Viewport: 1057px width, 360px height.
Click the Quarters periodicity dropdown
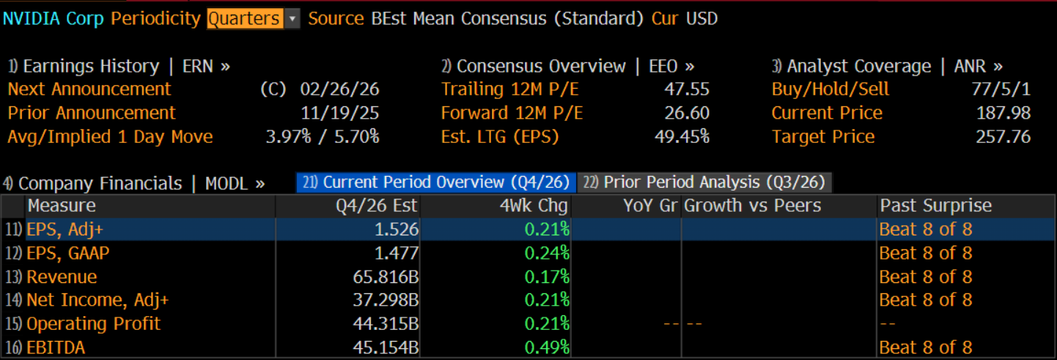coord(253,19)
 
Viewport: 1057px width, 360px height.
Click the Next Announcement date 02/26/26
coord(339,89)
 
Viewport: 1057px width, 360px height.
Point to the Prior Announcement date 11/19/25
coord(339,113)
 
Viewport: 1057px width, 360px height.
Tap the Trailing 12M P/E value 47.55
coord(685,89)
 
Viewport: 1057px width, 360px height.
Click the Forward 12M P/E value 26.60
coord(685,113)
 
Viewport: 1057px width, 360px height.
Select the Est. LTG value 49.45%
coord(681,136)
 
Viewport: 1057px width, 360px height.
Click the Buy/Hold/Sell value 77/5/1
coord(1001,89)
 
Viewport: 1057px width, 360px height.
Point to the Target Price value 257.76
coord(1003,136)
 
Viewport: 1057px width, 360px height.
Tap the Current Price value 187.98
coord(1003,113)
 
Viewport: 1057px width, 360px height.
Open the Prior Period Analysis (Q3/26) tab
coord(705,183)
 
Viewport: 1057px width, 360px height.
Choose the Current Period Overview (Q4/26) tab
coord(436,183)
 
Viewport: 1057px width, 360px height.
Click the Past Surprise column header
coord(935,206)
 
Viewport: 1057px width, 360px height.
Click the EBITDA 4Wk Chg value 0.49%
coord(547,348)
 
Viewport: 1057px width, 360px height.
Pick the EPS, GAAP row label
coord(68,254)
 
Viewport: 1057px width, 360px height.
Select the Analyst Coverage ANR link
coord(887,66)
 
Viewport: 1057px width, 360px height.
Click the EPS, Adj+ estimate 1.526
coord(397,229)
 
